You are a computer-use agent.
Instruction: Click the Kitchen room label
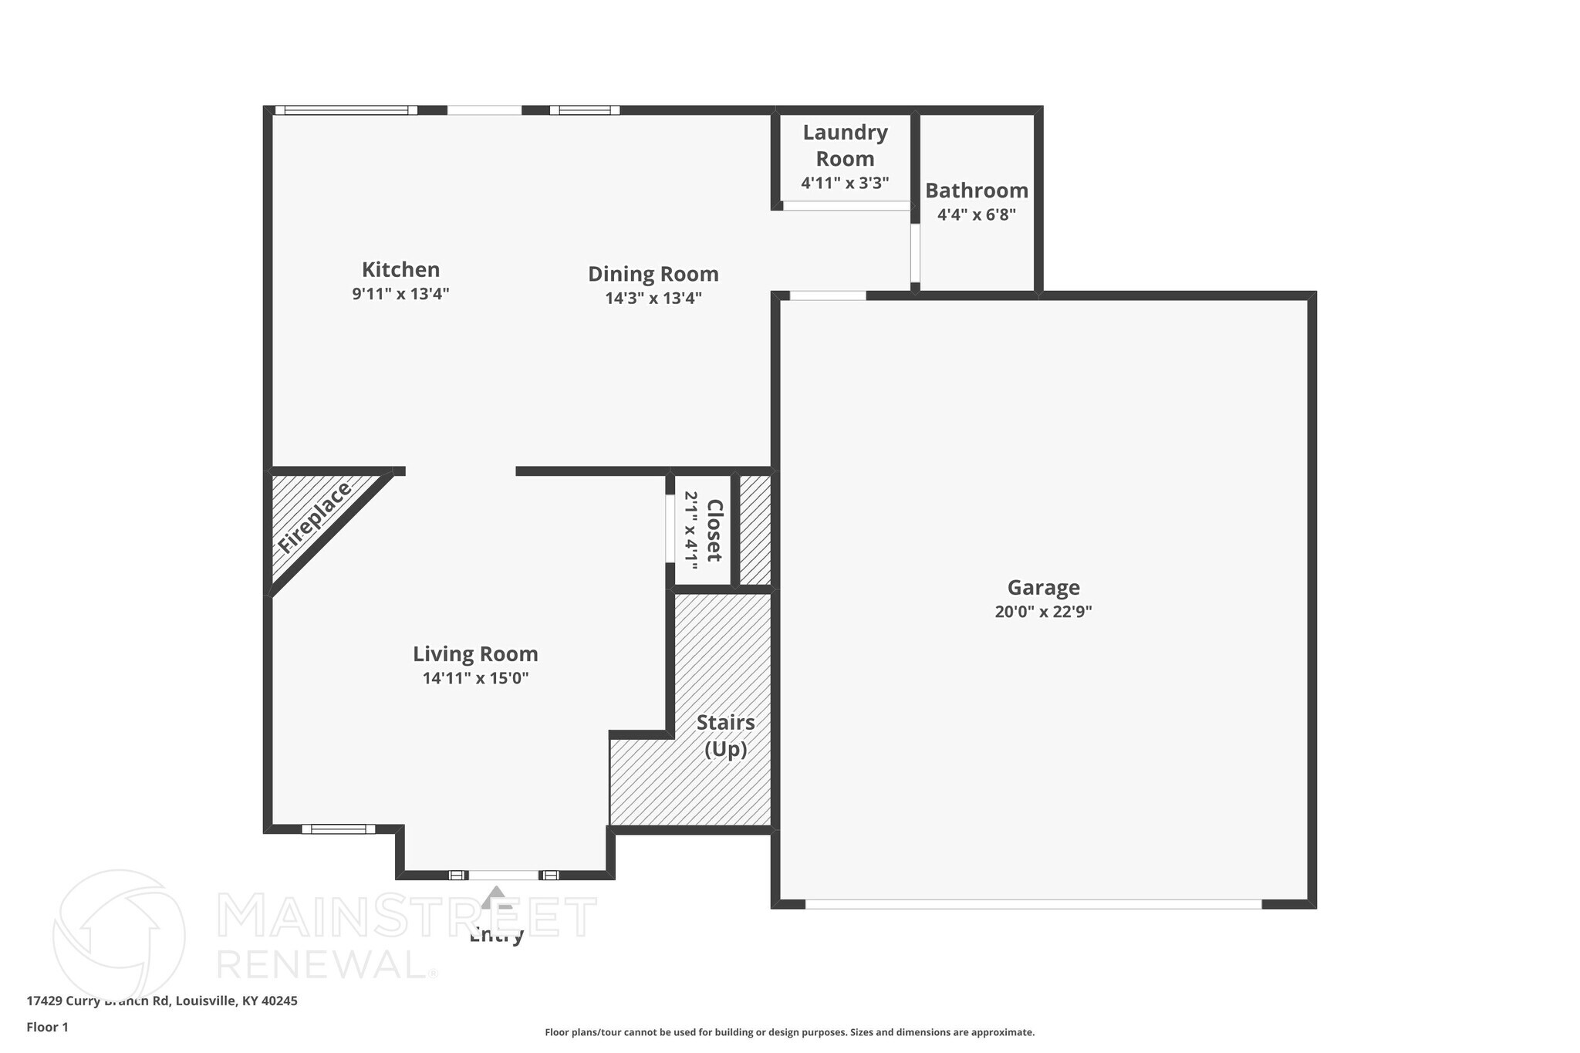pyautogui.click(x=400, y=269)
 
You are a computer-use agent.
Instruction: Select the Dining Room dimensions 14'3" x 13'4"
pyautogui.click(x=653, y=299)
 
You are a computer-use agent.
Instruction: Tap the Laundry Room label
pyautogui.click(x=845, y=145)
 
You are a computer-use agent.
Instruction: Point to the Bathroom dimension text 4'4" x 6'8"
pyautogui.click(x=976, y=215)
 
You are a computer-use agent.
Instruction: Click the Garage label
pyautogui.click(x=1043, y=588)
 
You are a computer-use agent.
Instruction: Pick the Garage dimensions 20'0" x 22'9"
pyautogui.click(x=1043, y=613)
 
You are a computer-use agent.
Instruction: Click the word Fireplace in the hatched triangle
pyautogui.click(x=314, y=518)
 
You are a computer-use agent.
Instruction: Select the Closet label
pyautogui.click(x=714, y=531)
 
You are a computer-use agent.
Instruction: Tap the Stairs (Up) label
pyautogui.click(x=725, y=736)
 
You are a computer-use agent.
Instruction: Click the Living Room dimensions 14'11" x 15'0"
pyautogui.click(x=475, y=679)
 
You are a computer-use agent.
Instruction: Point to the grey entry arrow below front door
pyautogui.click(x=495, y=896)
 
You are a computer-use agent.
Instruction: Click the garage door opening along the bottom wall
pyautogui.click(x=1033, y=904)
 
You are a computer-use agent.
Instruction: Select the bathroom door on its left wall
pyautogui.click(x=915, y=253)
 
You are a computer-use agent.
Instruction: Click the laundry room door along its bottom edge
pyautogui.click(x=846, y=206)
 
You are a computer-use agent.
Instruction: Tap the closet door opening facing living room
pyautogui.click(x=670, y=528)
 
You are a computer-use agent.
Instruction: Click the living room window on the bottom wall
pyautogui.click(x=338, y=829)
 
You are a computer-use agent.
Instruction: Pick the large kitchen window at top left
pyautogui.click(x=346, y=110)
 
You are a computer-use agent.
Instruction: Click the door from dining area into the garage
pyautogui.click(x=828, y=295)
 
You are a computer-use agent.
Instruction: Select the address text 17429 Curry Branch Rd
pyautogui.click(x=161, y=1001)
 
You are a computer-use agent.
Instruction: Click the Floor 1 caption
pyautogui.click(x=47, y=1028)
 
